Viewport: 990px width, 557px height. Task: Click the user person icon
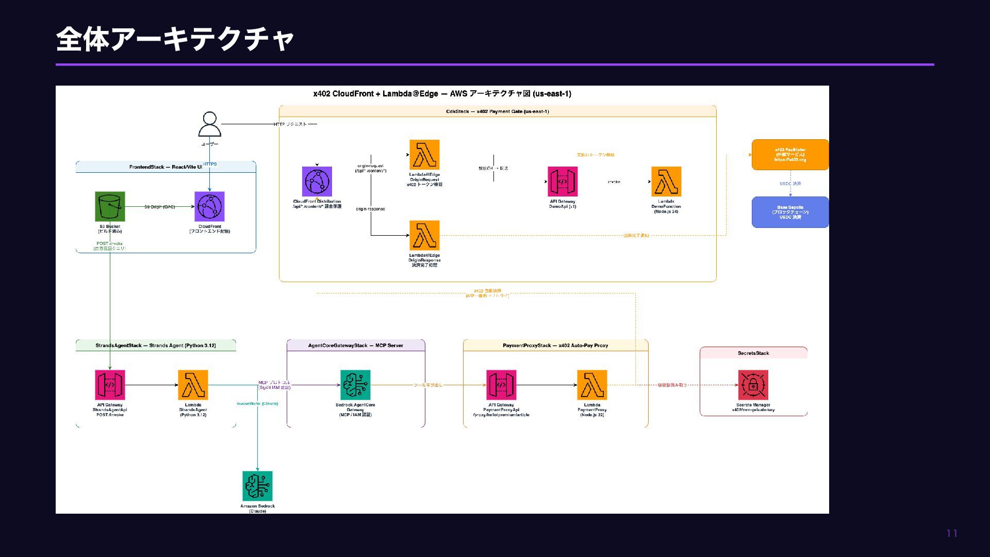[x=209, y=124]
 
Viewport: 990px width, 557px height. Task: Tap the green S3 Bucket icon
[x=110, y=206]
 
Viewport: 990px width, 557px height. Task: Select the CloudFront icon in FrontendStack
[x=209, y=206]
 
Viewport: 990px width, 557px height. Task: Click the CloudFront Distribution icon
[x=317, y=182]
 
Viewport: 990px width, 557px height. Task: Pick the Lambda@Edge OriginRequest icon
[x=424, y=155]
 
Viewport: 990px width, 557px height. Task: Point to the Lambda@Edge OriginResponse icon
[x=424, y=235]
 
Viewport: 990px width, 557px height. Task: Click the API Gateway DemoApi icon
[x=563, y=182]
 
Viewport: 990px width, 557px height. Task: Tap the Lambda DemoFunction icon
[x=666, y=182]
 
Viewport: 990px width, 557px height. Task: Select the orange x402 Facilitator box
[x=790, y=155]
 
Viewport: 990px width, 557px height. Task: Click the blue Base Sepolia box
[x=790, y=212]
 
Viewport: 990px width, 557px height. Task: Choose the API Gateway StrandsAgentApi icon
[x=110, y=385]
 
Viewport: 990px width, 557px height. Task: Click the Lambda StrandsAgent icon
[x=193, y=385]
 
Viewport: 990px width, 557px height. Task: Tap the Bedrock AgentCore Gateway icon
[x=355, y=385]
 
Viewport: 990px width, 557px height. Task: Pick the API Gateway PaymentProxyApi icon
[x=501, y=385]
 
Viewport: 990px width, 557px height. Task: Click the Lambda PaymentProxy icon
[x=592, y=385]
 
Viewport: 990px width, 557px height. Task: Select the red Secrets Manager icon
[x=753, y=385]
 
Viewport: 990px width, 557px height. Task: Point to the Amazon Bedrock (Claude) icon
[x=257, y=486]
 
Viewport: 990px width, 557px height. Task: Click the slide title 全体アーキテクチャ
[x=175, y=39]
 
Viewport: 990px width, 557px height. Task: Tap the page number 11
[x=952, y=534]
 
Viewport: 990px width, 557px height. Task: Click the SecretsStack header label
[x=753, y=353]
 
